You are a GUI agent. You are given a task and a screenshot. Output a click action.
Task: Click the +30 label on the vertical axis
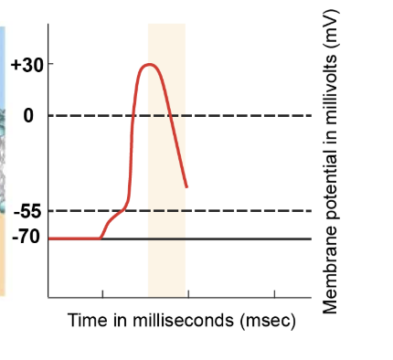tap(25, 65)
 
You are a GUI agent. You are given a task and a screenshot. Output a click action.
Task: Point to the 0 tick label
tap(28, 116)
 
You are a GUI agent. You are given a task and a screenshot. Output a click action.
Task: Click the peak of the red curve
tap(148, 65)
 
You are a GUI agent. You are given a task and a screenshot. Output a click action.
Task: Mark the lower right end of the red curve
tap(186, 187)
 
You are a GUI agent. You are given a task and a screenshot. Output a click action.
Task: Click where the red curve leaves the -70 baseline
tap(101, 238)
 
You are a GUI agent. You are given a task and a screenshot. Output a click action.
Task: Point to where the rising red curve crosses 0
tap(133, 116)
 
